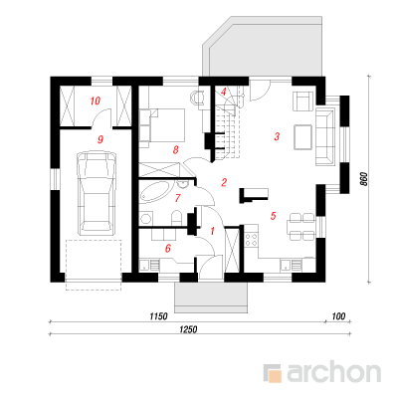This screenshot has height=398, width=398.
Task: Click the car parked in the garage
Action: point(97,191)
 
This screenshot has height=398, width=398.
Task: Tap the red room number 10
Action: point(96,100)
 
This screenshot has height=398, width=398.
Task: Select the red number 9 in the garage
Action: point(100,139)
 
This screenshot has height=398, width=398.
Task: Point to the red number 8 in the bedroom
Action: point(175,150)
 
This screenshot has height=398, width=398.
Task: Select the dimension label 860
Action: point(364,179)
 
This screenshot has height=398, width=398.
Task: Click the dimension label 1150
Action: point(158,316)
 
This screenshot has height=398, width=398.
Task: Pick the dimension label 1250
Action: point(188,329)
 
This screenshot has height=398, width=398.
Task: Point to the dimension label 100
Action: point(338,316)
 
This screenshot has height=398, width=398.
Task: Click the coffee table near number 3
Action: point(302,137)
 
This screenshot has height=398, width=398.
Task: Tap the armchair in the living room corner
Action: point(302,100)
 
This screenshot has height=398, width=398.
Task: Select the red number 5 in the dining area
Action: point(273,216)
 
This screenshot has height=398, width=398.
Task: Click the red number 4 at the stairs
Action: point(224,92)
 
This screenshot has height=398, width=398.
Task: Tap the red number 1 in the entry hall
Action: point(213,231)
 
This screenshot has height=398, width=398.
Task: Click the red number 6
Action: point(168,248)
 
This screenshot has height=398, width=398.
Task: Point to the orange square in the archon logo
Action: point(275,375)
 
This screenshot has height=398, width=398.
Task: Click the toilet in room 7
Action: point(177,218)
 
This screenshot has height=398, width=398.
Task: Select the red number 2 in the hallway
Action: point(224,182)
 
